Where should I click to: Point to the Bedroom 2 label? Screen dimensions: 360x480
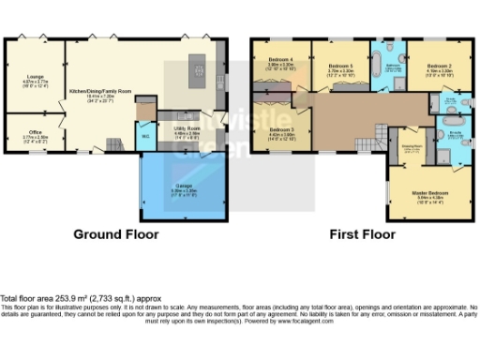pos(439,67)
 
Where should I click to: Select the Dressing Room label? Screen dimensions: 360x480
pos(411,147)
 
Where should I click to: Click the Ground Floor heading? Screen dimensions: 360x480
pos(115,234)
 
